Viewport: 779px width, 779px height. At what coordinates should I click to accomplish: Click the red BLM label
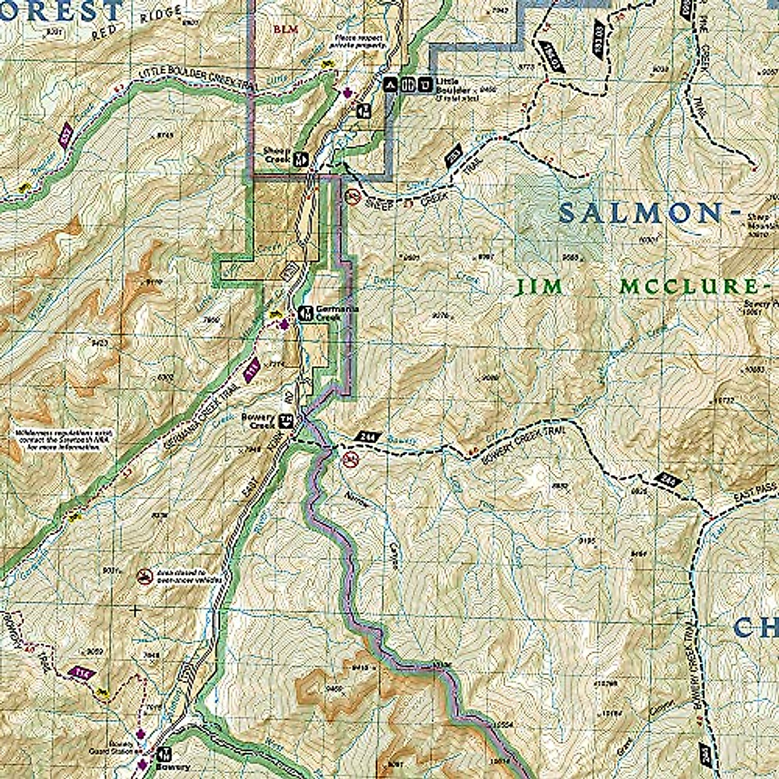280,29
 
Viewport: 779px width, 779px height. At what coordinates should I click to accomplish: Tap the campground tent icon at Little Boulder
391,84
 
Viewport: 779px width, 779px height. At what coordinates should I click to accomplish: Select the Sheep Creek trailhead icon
300,158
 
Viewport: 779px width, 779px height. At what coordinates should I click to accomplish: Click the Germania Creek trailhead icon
303,314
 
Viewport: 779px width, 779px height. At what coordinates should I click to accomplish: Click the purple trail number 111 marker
251,371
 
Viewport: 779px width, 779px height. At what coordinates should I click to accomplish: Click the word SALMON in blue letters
640,213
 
